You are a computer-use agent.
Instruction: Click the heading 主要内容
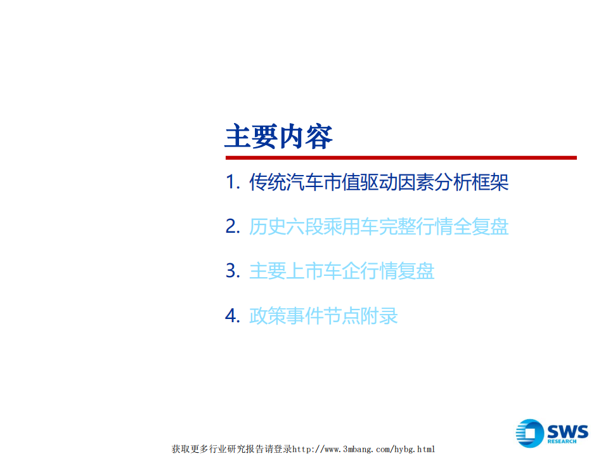[279, 136]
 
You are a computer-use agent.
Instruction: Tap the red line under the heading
[401, 158]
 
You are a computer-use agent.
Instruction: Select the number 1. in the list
[233, 183]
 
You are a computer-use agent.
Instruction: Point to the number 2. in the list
[233, 227]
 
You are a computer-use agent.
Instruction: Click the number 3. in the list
[233, 271]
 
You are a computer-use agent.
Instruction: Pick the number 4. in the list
[233, 315]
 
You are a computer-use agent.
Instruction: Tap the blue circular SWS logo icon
[530, 433]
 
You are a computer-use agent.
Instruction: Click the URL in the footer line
[363, 449]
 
